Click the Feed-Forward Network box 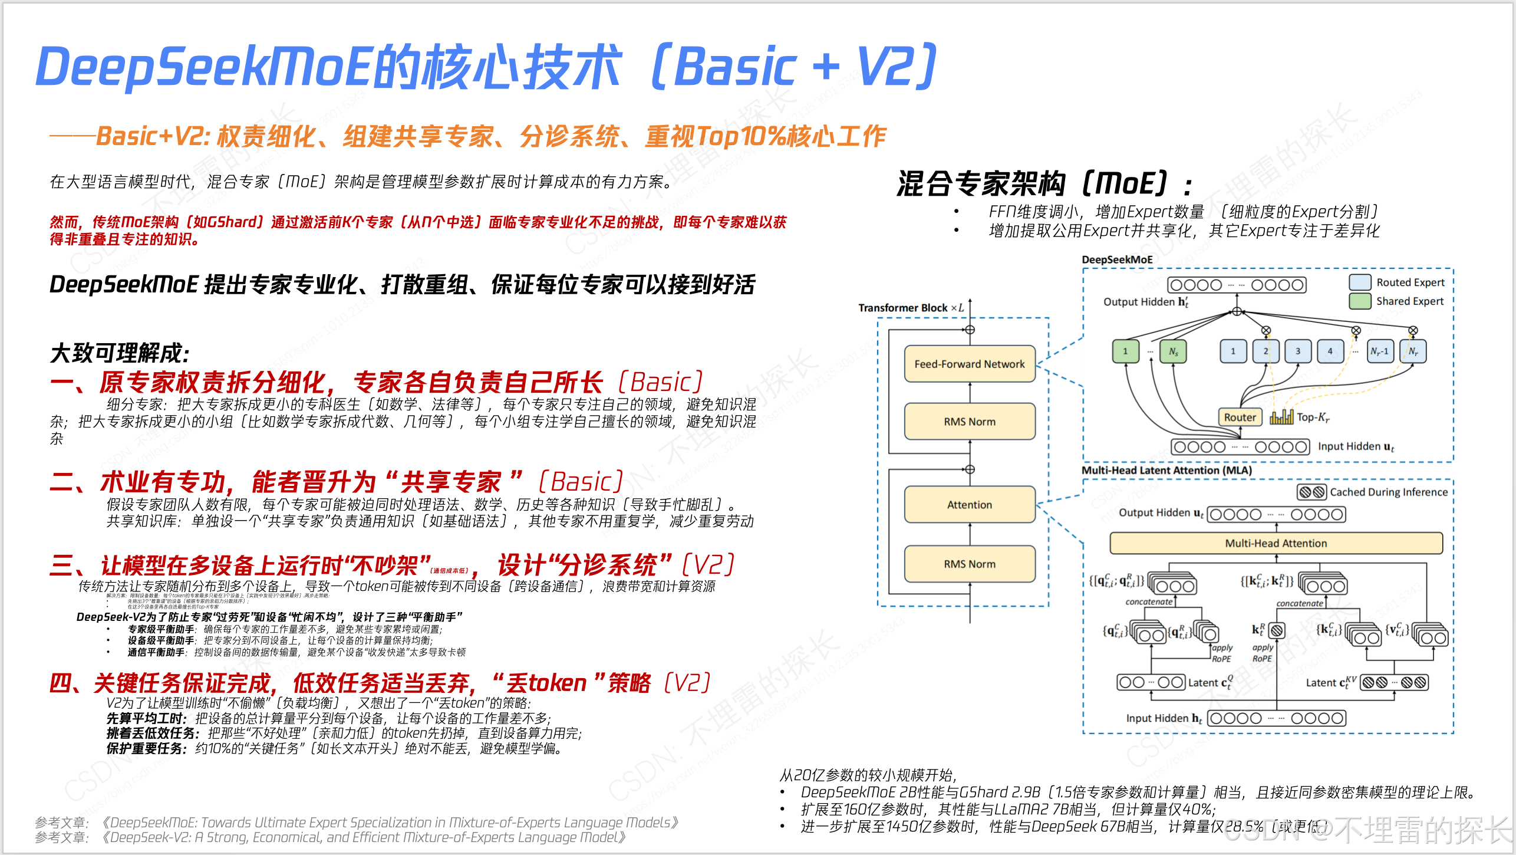[x=970, y=364]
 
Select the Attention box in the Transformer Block [x=970, y=505]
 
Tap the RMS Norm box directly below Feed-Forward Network [x=970, y=422]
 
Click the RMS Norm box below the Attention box [x=970, y=564]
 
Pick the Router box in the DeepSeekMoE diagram [x=1240, y=417]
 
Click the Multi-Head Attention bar [x=1276, y=543]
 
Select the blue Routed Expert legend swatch [x=1360, y=282]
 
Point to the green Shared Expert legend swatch [x=1360, y=301]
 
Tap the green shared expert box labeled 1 [x=1125, y=351]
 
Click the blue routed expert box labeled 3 [x=1297, y=351]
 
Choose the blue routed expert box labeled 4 [x=1330, y=351]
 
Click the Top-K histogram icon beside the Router [x=1281, y=417]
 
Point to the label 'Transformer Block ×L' [x=911, y=308]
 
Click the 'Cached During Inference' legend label [x=1388, y=492]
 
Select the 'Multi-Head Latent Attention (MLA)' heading [x=1166, y=471]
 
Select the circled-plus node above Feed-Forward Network [x=970, y=330]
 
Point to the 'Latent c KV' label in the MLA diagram [x=1330, y=683]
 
